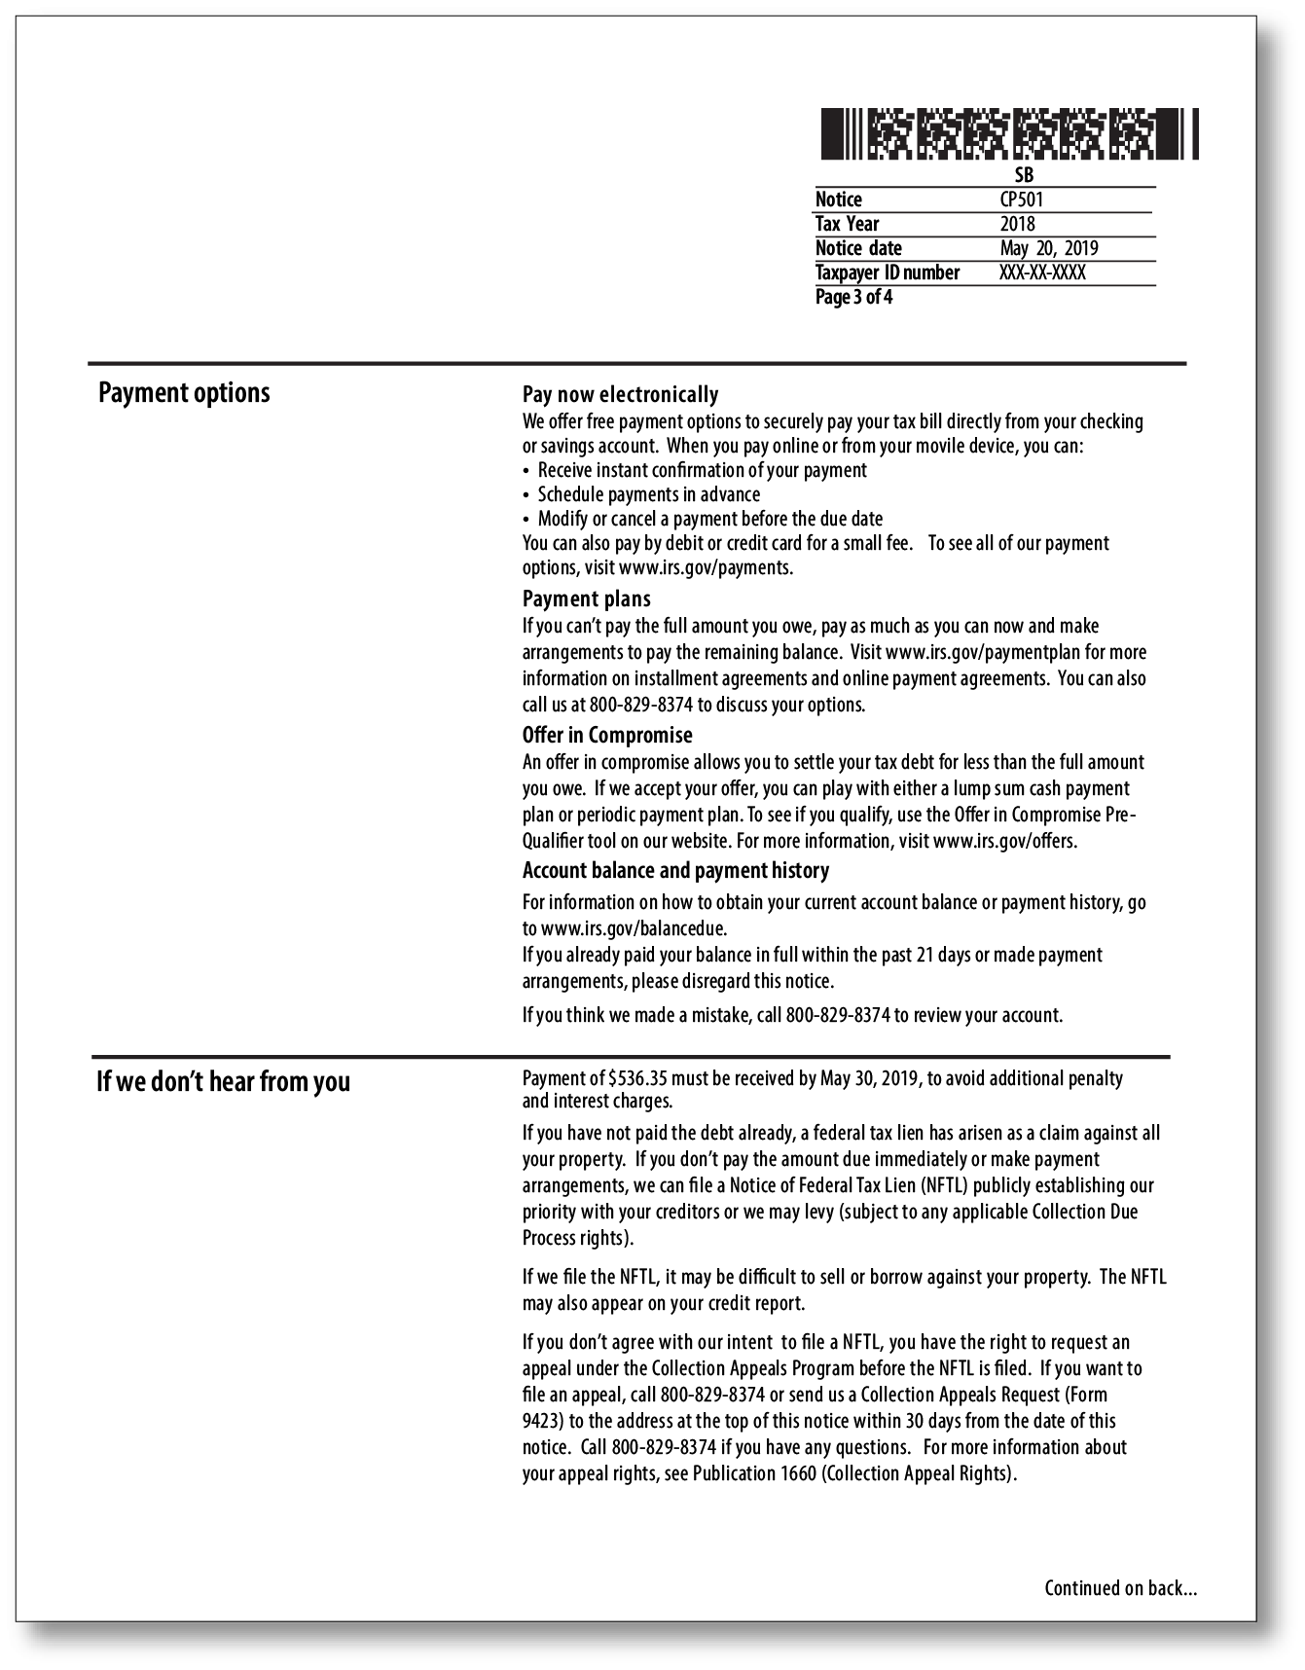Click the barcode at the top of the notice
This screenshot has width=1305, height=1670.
pos(1009,134)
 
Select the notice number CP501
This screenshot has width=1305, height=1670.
pos(1021,200)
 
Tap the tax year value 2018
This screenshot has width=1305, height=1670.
pos(1017,224)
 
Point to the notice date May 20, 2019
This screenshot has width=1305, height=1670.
pos(1048,248)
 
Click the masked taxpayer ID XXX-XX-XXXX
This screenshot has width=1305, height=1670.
pos(1041,272)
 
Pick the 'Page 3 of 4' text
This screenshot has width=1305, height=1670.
pos(853,297)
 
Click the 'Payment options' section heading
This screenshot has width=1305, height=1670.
pos(184,393)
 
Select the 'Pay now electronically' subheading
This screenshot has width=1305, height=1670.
pos(620,394)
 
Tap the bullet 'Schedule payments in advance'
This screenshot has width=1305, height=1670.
pos(648,494)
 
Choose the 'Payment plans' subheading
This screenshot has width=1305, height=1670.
pos(586,599)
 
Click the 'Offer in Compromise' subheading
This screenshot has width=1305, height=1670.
pos(607,735)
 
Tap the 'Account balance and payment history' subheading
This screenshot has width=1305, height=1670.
pos(675,870)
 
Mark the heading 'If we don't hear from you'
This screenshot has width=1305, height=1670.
pos(223,1081)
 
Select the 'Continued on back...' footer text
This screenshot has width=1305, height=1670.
pos(1120,1588)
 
